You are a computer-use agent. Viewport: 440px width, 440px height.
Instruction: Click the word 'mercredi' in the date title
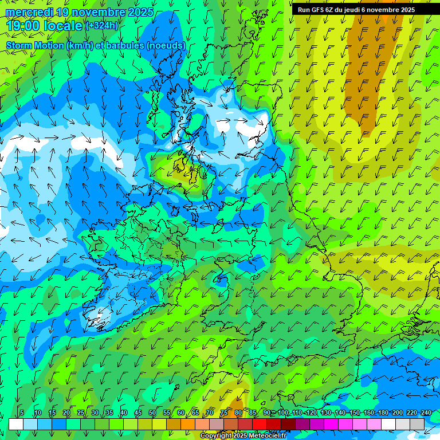point(28,12)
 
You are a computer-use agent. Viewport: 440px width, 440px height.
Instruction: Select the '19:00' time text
point(24,26)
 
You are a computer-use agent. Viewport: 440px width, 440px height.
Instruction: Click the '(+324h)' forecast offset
point(102,26)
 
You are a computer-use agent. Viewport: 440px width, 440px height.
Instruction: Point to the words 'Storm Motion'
point(34,45)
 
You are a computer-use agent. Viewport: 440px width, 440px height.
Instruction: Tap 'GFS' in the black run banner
point(320,10)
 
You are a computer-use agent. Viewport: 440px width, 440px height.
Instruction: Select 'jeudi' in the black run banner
point(357,10)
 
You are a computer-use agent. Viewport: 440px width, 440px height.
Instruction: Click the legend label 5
point(22,413)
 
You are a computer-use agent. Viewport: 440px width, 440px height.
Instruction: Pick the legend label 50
point(152,413)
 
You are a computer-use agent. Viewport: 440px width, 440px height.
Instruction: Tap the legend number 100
point(283,413)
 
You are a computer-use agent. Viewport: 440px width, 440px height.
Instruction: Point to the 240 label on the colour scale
point(426,413)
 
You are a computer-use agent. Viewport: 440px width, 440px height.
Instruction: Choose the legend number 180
point(383,413)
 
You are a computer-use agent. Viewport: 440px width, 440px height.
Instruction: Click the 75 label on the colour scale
point(224,413)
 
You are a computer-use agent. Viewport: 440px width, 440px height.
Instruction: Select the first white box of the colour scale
point(16,424)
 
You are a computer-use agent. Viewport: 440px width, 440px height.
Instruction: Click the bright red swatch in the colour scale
point(260,424)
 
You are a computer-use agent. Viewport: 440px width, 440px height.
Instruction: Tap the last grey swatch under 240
point(417,424)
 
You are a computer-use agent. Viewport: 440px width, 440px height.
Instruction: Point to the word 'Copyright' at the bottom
point(217,436)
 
